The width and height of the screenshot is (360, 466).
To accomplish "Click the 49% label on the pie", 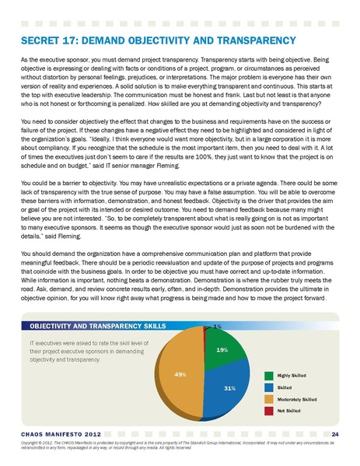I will tap(180, 375).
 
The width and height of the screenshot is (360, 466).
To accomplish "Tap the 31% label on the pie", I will tap(229, 387).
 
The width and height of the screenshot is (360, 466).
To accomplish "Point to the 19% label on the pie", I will tap(222, 351).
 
